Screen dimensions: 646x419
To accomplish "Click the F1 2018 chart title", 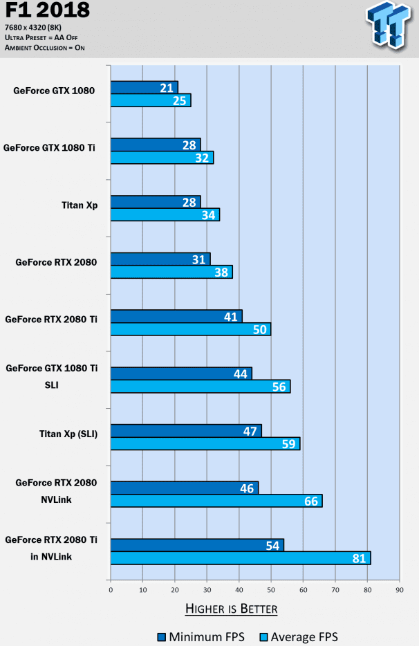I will click(x=47, y=11).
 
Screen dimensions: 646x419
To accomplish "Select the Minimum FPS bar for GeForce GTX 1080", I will click(x=145, y=87).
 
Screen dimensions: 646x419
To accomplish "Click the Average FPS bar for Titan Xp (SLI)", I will click(x=205, y=443).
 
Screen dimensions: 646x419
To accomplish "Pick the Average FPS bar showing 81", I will click(x=241, y=557).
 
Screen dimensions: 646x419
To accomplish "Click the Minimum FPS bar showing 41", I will click(x=176, y=316).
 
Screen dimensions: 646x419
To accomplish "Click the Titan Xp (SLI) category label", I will click(x=68, y=434).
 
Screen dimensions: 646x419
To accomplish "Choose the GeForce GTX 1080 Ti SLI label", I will click(x=51, y=376).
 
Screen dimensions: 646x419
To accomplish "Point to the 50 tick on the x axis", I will click(x=271, y=590).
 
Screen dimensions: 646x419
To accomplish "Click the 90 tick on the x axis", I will click(x=399, y=590).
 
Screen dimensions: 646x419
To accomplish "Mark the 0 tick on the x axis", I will click(x=111, y=590).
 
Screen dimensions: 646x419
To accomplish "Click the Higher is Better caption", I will click(x=231, y=609).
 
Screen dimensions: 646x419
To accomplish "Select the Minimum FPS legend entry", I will click(x=201, y=637).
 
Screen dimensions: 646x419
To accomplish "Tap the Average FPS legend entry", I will click(x=297, y=637).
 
